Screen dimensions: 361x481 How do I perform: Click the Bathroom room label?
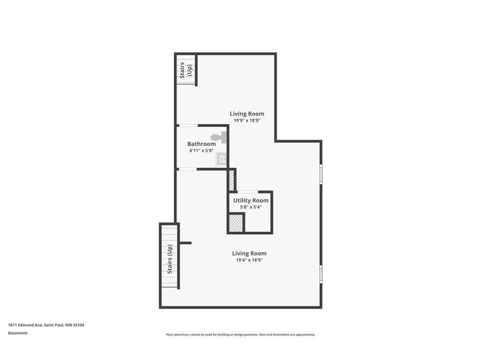[202, 144]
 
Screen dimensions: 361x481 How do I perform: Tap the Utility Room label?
[251, 200]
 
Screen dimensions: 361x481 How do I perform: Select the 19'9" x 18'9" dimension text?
[247, 120]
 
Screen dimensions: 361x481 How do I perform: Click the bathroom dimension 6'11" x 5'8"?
[202, 151]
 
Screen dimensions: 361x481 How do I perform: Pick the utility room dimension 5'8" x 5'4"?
[251, 207]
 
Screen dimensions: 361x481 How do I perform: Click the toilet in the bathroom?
[219, 137]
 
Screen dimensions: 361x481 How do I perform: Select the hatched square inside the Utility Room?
[236, 223]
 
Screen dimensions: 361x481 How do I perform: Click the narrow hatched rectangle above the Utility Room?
[231, 180]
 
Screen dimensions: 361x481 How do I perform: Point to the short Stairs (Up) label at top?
[186, 70]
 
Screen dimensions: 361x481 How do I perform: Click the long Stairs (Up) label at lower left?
[170, 259]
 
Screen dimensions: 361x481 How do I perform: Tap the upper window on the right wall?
[321, 173]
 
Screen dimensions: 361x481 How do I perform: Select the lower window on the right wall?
[321, 274]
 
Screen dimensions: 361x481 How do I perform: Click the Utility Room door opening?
[248, 192]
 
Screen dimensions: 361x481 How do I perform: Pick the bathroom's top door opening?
[188, 126]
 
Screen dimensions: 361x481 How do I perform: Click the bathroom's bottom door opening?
[187, 169]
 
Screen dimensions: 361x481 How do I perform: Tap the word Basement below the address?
[18, 333]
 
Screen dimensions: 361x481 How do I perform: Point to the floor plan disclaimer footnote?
[240, 335]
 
